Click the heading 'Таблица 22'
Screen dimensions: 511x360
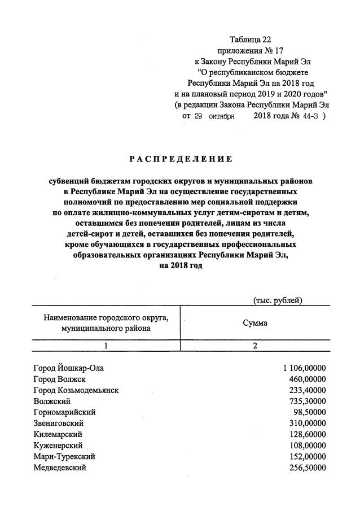pyautogui.click(x=250, y=40)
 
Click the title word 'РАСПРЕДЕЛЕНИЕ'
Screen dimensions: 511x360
pyautogui.click(x=181, y=159)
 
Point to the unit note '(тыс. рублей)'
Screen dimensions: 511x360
pyautogui.click(x=278, y=300)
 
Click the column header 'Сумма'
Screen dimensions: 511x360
pyautogui.click(x=255, y=323)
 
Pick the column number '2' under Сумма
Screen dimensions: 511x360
pyautogui.click(x=255, y=347)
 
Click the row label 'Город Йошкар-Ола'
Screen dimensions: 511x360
pyautogui.click(x=69, y=368)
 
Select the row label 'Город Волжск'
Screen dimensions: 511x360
pyautogui.click(x=60, y=379)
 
